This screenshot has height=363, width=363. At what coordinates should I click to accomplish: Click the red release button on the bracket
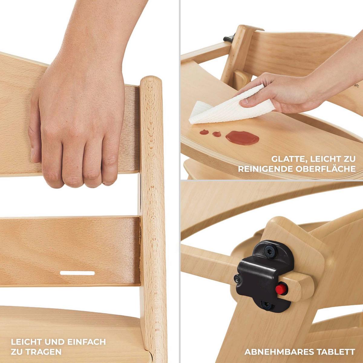coord(280,289)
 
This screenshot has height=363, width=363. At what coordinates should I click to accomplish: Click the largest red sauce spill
coord(242,138)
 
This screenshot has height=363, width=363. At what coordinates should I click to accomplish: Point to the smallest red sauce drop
coord(217,134)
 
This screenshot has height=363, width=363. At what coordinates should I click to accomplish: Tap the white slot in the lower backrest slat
coord(77,273)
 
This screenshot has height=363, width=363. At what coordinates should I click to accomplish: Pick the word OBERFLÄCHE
coord(325,169)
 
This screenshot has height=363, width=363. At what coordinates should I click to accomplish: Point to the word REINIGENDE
coord(265,169)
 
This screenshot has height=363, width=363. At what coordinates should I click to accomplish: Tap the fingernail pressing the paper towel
coord(245,101)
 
